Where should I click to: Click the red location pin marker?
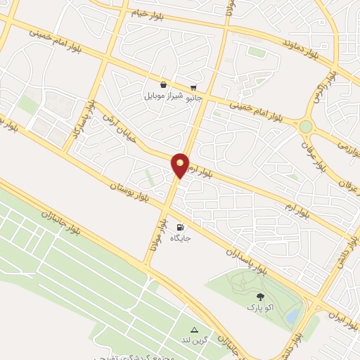click(180, 165)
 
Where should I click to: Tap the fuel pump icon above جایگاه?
click(181, 227)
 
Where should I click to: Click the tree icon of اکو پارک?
click(261, 297)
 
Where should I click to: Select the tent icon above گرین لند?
click(195, 330)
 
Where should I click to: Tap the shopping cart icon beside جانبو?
click(193, 87)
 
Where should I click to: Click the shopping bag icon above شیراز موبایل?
click(163, 84)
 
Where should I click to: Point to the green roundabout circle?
click(306, 127)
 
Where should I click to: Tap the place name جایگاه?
click(181, 238)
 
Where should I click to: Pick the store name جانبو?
click(193, 98)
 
